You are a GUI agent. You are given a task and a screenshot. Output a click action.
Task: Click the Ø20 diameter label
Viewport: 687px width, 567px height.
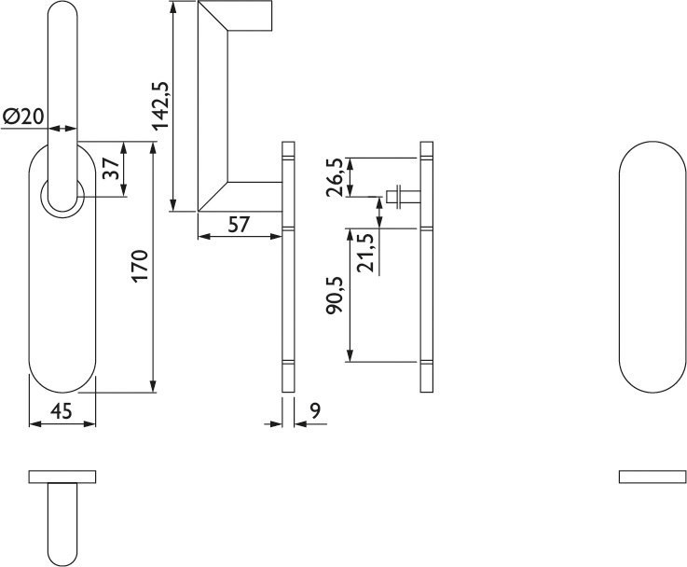(23, 117)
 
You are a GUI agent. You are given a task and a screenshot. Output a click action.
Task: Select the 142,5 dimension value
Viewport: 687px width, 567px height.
(160, 106)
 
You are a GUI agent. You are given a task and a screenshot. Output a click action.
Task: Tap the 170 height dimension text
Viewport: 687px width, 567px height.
(141, 266)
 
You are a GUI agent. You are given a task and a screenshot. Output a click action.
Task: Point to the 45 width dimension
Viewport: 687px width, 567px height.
(62, 411)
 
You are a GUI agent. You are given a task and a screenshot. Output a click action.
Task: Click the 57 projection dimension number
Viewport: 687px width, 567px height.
(239, 225)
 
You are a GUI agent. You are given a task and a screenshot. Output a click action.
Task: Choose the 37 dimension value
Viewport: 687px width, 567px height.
(111, 168)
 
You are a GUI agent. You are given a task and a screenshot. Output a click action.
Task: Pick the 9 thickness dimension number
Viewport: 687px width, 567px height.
(315, 410)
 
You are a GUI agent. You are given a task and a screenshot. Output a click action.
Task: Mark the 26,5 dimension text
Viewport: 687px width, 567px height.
(336, 177)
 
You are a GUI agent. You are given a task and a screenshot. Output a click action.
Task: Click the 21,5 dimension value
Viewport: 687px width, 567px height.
(365, 253)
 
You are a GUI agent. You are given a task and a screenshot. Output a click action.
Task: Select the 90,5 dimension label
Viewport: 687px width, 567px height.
(335, 296)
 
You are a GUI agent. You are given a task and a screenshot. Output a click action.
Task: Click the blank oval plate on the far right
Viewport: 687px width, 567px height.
(653, 267)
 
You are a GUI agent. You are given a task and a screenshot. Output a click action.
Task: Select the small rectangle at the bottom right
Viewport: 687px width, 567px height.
(653, 477)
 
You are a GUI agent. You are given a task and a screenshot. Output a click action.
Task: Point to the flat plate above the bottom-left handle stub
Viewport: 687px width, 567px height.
(62, 477)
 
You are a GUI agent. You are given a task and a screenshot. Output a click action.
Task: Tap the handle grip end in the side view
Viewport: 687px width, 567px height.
(249, 16)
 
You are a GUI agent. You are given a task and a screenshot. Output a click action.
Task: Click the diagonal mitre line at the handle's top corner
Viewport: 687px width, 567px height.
(213, 16)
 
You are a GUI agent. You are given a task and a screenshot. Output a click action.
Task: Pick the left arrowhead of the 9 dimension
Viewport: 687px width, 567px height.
(276, 423)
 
